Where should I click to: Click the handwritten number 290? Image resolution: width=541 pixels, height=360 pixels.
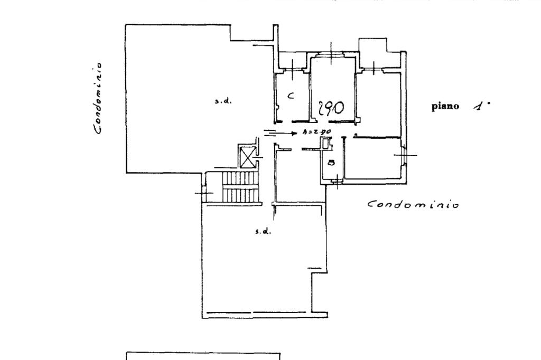331,108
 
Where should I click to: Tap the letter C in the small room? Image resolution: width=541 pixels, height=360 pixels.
290,96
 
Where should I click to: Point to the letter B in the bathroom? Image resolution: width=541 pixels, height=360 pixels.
331,163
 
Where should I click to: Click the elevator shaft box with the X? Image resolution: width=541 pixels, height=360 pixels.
247,157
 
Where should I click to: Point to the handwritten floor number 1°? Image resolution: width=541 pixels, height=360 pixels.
481,106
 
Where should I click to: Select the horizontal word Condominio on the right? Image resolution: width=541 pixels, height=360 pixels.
413,204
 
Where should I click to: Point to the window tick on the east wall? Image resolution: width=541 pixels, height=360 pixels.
405,155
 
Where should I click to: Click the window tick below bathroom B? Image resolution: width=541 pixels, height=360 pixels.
336,182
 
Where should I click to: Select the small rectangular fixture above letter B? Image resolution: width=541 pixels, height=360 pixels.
328,143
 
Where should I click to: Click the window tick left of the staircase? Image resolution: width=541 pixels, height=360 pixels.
203,193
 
